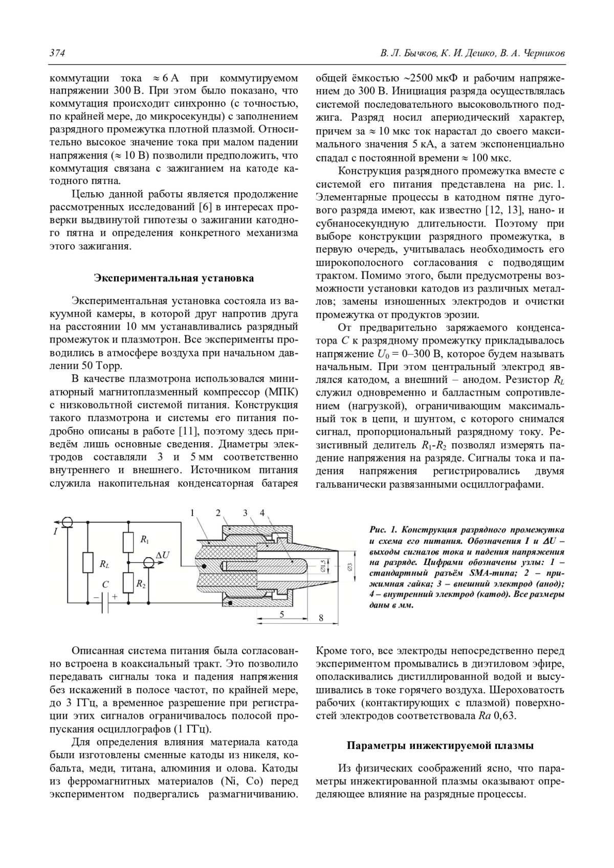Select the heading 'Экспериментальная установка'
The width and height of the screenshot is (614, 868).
(x=173, y=278)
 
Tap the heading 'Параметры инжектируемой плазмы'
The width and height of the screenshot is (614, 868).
(x=440, y=745)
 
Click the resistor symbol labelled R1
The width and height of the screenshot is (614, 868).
(x=128, y=542)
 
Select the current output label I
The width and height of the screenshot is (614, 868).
(x=55, y=532)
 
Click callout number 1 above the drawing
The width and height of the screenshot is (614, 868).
(x=192, y=513)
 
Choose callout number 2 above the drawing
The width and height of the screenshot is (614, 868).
(x=218, y=513)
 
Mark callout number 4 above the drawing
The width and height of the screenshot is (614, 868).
(x=262, y=513)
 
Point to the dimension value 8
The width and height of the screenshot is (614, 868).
(x=321, y=618)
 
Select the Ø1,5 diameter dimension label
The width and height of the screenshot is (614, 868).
(x=323, y=565)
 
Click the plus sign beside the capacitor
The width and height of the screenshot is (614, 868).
(x=115, y=597)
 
